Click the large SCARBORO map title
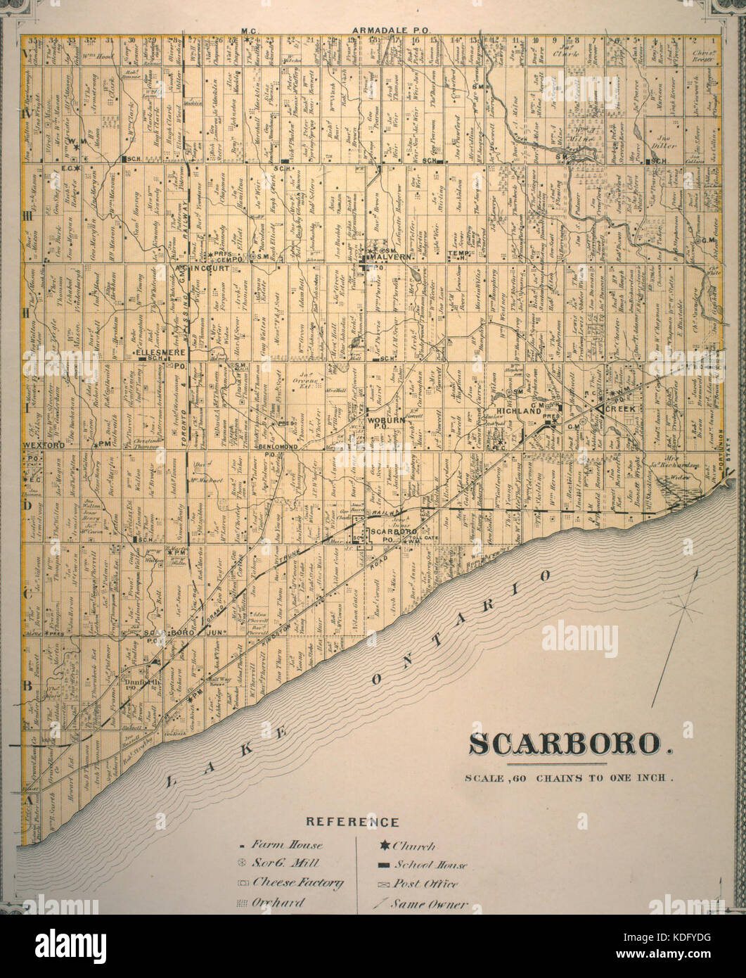point(570,744)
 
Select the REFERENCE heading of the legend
point(352,822)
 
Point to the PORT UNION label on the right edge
point(718,457)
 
